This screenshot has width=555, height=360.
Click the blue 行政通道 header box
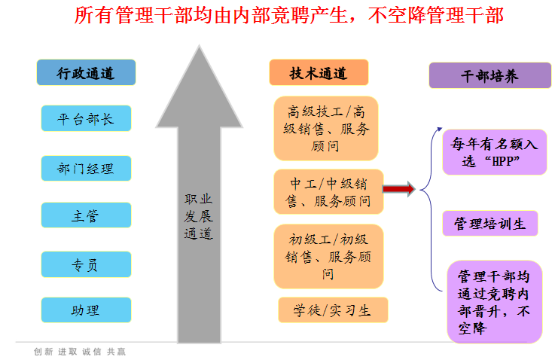click(86, 72)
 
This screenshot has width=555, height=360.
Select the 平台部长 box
click(86, 118)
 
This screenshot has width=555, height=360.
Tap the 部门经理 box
click(86, 169)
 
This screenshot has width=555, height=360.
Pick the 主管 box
click(86, 215)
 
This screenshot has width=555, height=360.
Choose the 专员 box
click(86, 264)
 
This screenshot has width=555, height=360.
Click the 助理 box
click(86, 310)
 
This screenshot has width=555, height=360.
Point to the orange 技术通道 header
click(319, 72)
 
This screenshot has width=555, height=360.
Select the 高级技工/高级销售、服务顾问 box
click(326, 129)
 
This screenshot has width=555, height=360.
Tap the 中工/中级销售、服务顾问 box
click(328, 192)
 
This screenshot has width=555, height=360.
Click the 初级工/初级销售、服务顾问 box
click(328, 257)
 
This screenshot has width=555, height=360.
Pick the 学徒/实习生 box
click(333, 310)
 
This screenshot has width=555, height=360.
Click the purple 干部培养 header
click(490, 75)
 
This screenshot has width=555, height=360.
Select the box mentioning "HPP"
click(495, 152)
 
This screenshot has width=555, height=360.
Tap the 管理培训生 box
click(490, 224)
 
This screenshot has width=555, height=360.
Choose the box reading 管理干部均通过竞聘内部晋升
click(495, 302)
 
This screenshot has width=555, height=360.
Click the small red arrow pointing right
click(398, 189)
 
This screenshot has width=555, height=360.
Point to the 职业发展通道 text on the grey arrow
click(199, 216)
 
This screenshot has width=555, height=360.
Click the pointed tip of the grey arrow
click(200, 45)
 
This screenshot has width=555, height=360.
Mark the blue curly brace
click(431, 209)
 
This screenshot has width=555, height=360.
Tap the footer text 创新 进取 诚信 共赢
click(80, 352)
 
